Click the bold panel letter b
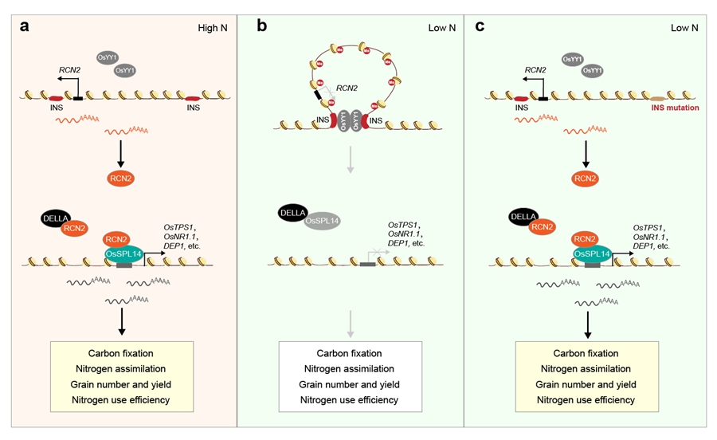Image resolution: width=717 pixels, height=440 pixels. coord(261,26)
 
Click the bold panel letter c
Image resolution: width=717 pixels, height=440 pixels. coord(480,26)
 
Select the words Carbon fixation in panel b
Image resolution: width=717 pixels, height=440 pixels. coord(349,353)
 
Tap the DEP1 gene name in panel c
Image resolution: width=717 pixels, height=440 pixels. coord(643,247)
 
